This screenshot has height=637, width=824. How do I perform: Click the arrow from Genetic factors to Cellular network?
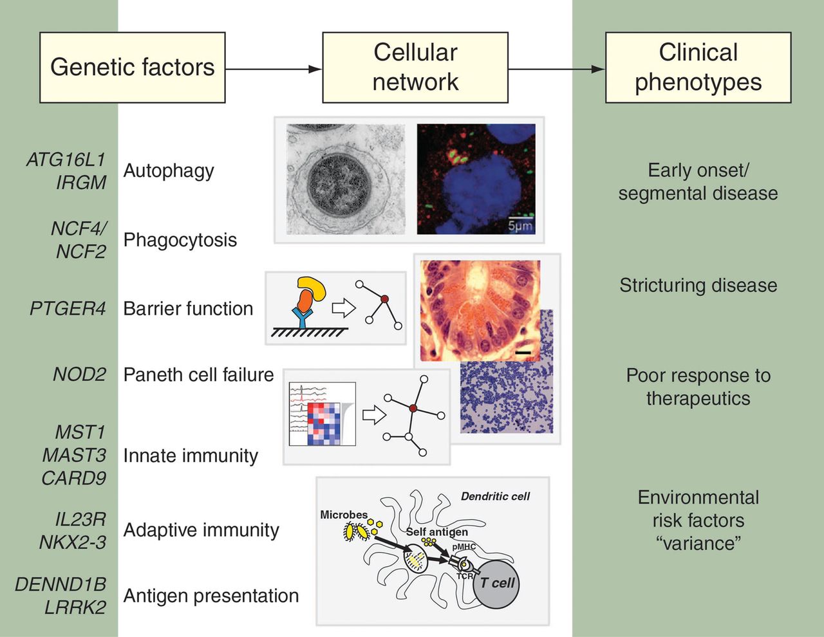coord(274,69)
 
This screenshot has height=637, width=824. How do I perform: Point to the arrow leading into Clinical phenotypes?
coord(557,69)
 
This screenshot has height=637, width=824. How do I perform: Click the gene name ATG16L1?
coord(66,160)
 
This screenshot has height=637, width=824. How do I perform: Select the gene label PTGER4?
coord(68,308)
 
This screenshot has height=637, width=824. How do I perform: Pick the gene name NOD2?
coord(80,374)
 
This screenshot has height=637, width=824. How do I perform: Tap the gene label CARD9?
coord(74,478)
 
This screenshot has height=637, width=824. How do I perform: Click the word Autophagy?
coord(169,171)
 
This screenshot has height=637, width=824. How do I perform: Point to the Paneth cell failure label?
coord(198,375)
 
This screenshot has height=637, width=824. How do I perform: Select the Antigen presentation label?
coord(211,596)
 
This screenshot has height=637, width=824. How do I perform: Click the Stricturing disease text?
coord(698,286)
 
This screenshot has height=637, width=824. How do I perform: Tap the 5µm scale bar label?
coord(520,226)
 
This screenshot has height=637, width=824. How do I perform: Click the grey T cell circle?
coord(496,585)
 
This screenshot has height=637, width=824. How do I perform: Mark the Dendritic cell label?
coord(495,497)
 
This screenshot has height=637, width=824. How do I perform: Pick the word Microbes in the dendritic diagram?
coord(344,515)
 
